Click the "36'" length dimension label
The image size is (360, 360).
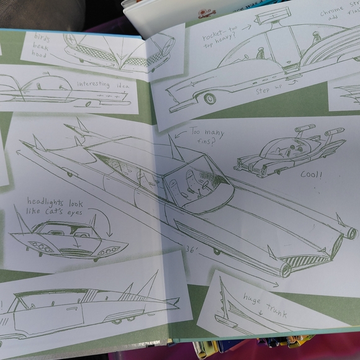[192, 248]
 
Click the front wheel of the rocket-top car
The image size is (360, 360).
[210, 99]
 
